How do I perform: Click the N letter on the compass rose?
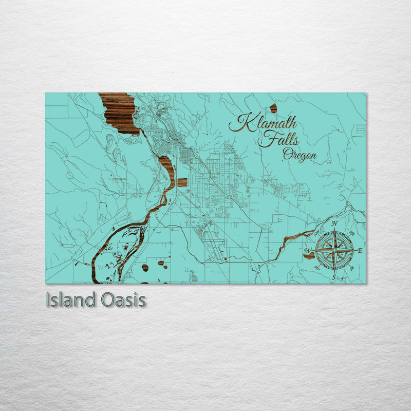coord(334,223)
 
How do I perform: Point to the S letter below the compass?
coord(334,278)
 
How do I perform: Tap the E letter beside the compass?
coord(360,251)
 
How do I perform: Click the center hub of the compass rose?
coord(334,251)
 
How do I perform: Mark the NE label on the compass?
coord(351,233)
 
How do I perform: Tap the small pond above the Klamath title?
coord(273,108)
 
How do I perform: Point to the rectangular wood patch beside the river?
coord(182,182)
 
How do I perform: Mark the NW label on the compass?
coord(317,233)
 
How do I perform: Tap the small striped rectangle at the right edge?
coord(361,128)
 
